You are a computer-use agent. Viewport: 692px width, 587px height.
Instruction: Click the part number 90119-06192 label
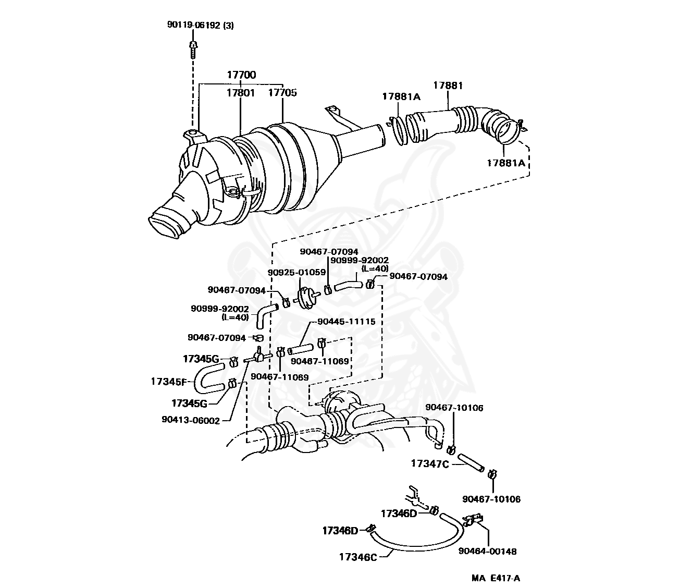pos(200,24)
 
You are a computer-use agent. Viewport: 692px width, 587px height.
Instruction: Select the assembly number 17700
pos(241,75)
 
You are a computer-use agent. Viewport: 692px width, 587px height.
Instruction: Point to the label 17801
pos(240,93)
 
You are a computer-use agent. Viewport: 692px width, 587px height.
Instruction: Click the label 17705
pos(282,93)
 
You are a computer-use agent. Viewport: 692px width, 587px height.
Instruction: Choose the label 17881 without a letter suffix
pos(448,85)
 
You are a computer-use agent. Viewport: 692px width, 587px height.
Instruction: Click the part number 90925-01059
pos(296,272)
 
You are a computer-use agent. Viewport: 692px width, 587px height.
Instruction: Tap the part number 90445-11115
pos(345,322)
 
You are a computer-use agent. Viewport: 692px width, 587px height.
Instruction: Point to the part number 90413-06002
pos(191,420)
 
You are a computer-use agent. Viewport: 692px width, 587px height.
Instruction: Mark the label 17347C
pos(429,463)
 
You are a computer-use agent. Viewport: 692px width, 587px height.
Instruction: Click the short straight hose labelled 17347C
pos(471,463)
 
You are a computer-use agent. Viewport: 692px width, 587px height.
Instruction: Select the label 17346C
pos(357,556)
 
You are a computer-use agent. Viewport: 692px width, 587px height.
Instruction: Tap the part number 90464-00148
pos(487,551)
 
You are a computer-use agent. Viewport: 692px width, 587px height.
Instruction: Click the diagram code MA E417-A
pos(496,578)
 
